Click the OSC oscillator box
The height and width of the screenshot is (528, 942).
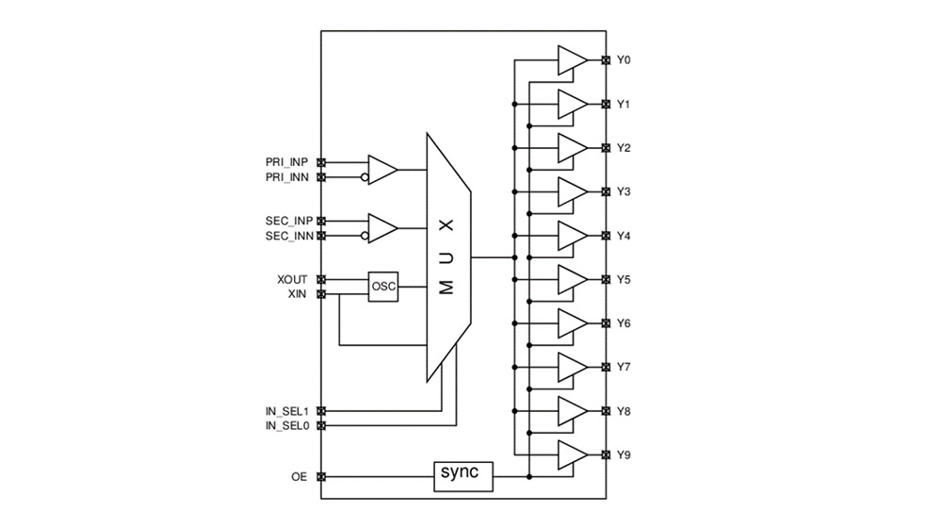pyautogui.click(x=383, y=287)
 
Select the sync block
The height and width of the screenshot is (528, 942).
pyautogui.click(x=463, y=477)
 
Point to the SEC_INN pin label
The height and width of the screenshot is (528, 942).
pyautogui.click(x=288, y=236)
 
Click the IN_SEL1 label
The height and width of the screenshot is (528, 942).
pyautogui.click(x=287, y=411)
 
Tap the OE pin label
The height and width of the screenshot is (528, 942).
pyautogui.click(x=300, y=477)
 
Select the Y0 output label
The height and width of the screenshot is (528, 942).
pyautogui.click(x=624, y=60)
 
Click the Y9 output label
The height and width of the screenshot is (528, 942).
pyautogui.click(x=624, y=455)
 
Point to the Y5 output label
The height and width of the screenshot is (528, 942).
pyautogui.click(x=624, y=280)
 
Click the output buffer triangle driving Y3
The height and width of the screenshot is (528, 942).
pyautogui.click(x=571, y=192)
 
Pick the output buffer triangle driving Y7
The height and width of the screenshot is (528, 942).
pyautogui.click(x=571, y=368)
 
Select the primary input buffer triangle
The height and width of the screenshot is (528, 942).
pyautogui.click(x=382, y=170)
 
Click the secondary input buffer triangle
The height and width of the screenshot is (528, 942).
pyautogui.click(x=382, y=228)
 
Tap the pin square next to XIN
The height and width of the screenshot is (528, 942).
pyautogui.click(x=321, y=294)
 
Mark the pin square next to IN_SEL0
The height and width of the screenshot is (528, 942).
pyautogui.click(x=321, y=426)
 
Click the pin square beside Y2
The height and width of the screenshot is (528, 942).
pyautogui.click(x=606, y=148)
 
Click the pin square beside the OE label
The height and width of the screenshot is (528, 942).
pyautogui.click(x=321, y=477)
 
